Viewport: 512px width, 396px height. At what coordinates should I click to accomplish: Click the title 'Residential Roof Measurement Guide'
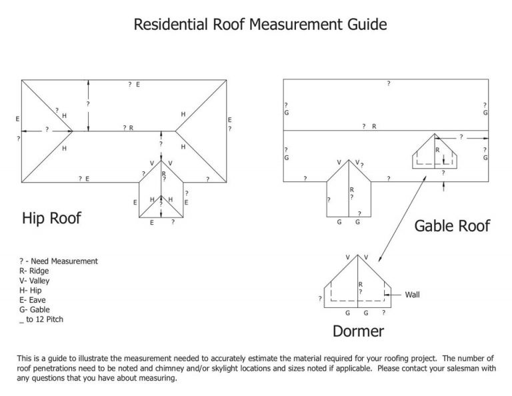[260, 25]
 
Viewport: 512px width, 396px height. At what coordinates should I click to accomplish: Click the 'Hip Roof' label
[51, 218]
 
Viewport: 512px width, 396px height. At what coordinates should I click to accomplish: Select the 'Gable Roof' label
[452, 225]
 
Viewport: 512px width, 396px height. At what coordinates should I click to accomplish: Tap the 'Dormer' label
[358, 331]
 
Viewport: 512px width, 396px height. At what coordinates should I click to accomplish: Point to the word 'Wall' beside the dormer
[413, 294]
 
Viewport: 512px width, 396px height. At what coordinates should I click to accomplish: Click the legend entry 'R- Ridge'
[34, 271]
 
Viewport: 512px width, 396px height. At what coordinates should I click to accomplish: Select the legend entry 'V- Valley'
[35, 281]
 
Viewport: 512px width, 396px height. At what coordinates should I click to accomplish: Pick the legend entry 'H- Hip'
[31, 291]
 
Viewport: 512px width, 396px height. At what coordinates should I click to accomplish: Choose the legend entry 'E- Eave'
[33, 300]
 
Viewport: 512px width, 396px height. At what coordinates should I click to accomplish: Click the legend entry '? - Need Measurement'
[59, 261]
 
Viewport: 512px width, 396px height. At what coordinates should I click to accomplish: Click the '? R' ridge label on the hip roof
[128, 127]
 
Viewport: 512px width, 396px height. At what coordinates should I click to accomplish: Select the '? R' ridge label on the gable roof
[369, 126]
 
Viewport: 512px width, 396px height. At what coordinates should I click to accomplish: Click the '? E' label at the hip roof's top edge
[133, 85]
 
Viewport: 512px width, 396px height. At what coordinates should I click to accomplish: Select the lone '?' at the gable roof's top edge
[388, 83]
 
